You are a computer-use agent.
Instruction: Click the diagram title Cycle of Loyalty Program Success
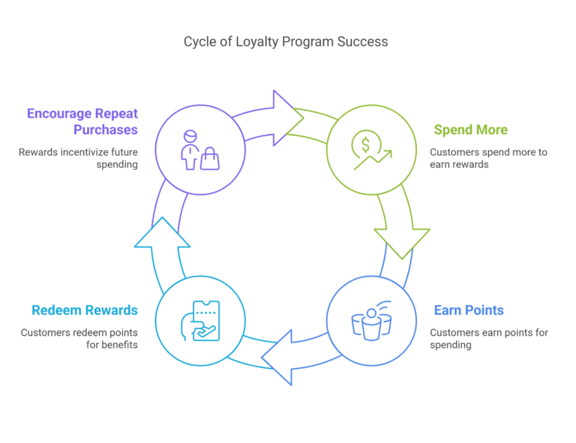click(x=286, y=42)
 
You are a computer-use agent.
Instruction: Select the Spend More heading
click(x=470, y=130)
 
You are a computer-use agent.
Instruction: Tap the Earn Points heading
click(x=469, y=310)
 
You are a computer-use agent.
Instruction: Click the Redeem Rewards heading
click(x=85, y=310)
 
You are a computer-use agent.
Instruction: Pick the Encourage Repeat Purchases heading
click(x=82, y=121)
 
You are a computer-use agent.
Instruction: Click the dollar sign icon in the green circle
click(x=365, y=143)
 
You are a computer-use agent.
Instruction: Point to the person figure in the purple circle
click(x=189, y=151)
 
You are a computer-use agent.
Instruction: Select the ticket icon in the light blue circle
click(x=205, y=319)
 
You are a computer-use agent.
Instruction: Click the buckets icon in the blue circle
click(x=371, y=325)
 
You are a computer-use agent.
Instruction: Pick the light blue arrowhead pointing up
click(x=163, y=235)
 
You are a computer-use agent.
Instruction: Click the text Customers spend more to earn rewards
click(x=488, y=158)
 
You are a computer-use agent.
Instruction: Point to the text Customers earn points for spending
click(x=488, y=339)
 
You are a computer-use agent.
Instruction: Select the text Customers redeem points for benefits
click(x=79, y=339)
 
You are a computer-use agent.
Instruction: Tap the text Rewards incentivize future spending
click(x=79, y=158)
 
